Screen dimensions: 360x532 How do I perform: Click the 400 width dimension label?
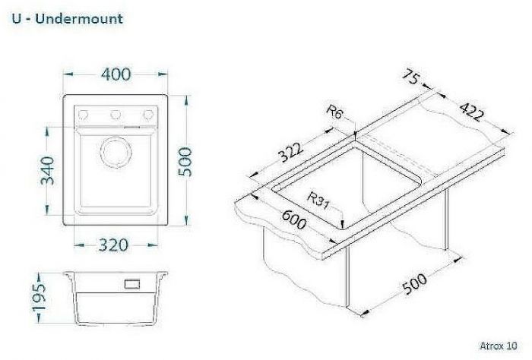pyautogui.click(x=116, y=74)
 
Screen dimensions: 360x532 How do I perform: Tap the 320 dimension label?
pyautogui.click(x=113, y=245)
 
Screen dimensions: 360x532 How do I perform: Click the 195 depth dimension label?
pyautogui.click(x=43, y=298)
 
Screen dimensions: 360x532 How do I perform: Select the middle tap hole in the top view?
pyautogui.click(x=116, y=115)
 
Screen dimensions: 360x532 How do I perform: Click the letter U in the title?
pyautogui.click(x=16, y=18)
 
